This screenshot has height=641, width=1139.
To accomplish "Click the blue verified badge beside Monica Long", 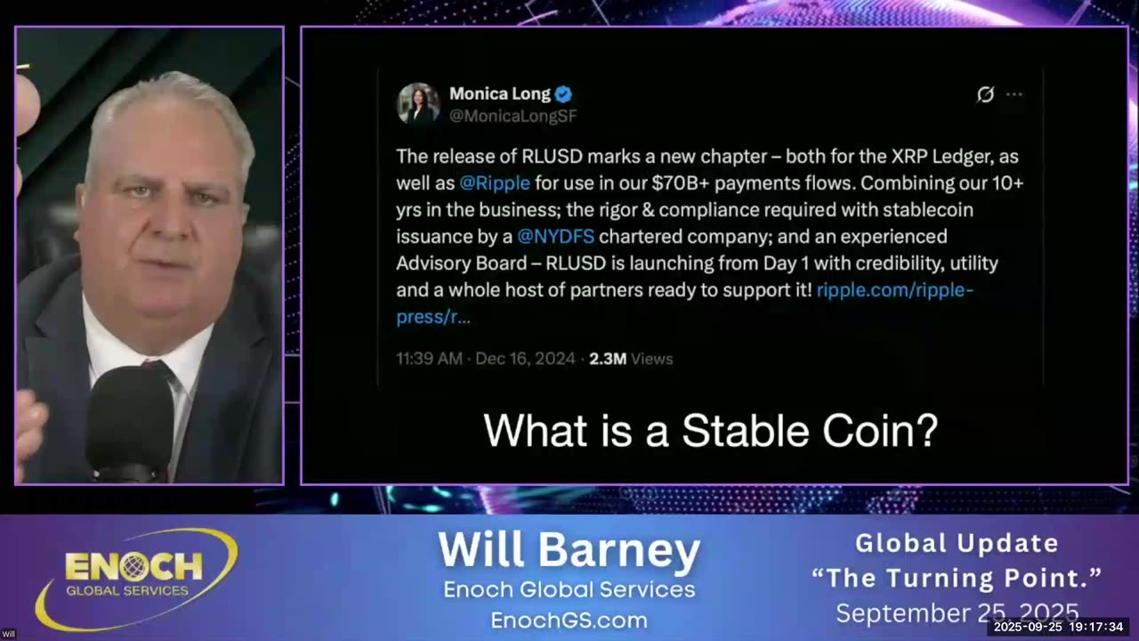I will tap(563, 94).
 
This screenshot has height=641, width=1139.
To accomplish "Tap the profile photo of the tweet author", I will tap(418, 103).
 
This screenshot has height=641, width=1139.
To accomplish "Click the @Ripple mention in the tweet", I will tap(495, 183).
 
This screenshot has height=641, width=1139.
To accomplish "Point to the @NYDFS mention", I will tap(556, 237).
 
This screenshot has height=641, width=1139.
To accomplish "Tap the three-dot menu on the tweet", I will tap(1014, 94).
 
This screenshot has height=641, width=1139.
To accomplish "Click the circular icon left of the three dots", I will tap(985, 94).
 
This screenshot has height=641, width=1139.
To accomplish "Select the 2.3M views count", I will tap(608, 359).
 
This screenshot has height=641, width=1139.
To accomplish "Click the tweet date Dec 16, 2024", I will tap(527, 359).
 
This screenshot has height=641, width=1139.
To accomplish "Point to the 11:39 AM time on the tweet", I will tap(429, 359).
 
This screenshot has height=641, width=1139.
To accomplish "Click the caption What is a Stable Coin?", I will tap(710, 431).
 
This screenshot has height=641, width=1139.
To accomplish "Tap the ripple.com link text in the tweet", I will tap(894, 290).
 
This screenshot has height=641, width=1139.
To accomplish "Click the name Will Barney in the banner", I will tap(569, 550).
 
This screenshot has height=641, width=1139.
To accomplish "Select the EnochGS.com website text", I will tap(569, 620).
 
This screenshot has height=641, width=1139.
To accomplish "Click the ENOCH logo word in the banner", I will tap(133, 566).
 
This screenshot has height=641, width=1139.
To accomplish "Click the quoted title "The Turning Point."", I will tap(957, 578).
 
